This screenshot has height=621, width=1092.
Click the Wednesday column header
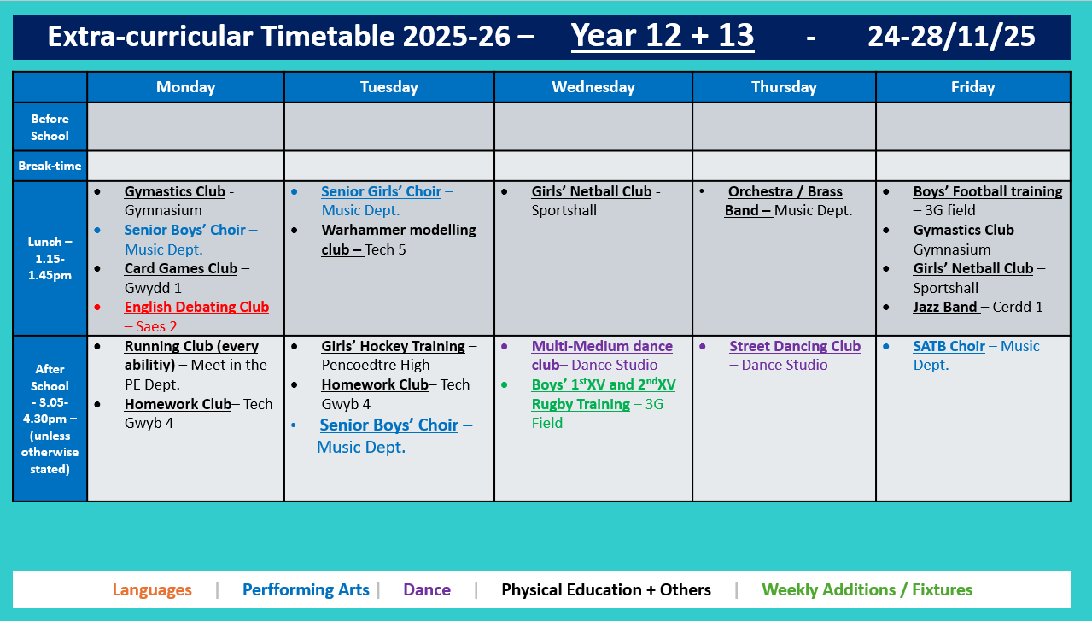(593, 87)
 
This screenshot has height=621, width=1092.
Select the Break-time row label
(50, 166)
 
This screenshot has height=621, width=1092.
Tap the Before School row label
(50, 127)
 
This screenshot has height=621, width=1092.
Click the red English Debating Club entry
(196, 307)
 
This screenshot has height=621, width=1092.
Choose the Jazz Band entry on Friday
(945, 307)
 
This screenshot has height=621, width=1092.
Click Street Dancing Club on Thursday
(794, 346)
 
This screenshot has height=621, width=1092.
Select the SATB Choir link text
(949, 346)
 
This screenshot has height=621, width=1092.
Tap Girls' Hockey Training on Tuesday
(393, 346)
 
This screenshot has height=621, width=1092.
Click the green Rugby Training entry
(603, 395)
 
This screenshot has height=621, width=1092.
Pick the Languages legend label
(152, 589)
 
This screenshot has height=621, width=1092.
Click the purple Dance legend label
(427, 589)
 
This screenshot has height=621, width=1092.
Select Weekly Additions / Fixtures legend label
(867, 589)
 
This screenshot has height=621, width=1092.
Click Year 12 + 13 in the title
(662, 36)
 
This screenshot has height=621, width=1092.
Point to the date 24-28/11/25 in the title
(951, 36)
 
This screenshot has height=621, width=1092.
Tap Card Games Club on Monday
(180, 268)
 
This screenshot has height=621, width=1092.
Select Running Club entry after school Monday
(191, 346)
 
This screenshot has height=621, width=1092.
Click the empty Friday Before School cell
(972, 127)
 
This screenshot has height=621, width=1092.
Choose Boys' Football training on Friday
(987, 191)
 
